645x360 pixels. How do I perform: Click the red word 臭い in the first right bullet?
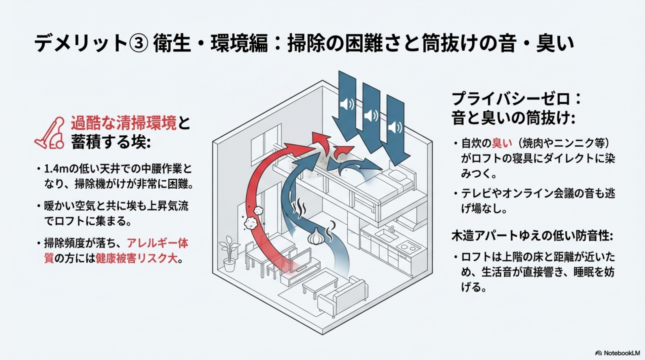pos(502,143)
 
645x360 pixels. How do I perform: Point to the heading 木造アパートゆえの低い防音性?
pos(532,236)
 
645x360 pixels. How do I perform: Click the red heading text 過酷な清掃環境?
pos(123,124)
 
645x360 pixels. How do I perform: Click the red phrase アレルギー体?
pos(158,243)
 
